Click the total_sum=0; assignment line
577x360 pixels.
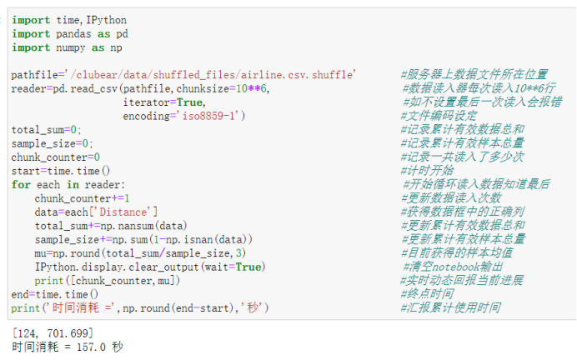(x=47, y=129)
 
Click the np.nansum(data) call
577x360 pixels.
(x=147, y=225)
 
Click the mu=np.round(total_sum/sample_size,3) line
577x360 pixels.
(x=140, y=252)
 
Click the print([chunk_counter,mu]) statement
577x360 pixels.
(x=108, y=280)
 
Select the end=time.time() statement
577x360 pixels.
(x=54, y=294)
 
